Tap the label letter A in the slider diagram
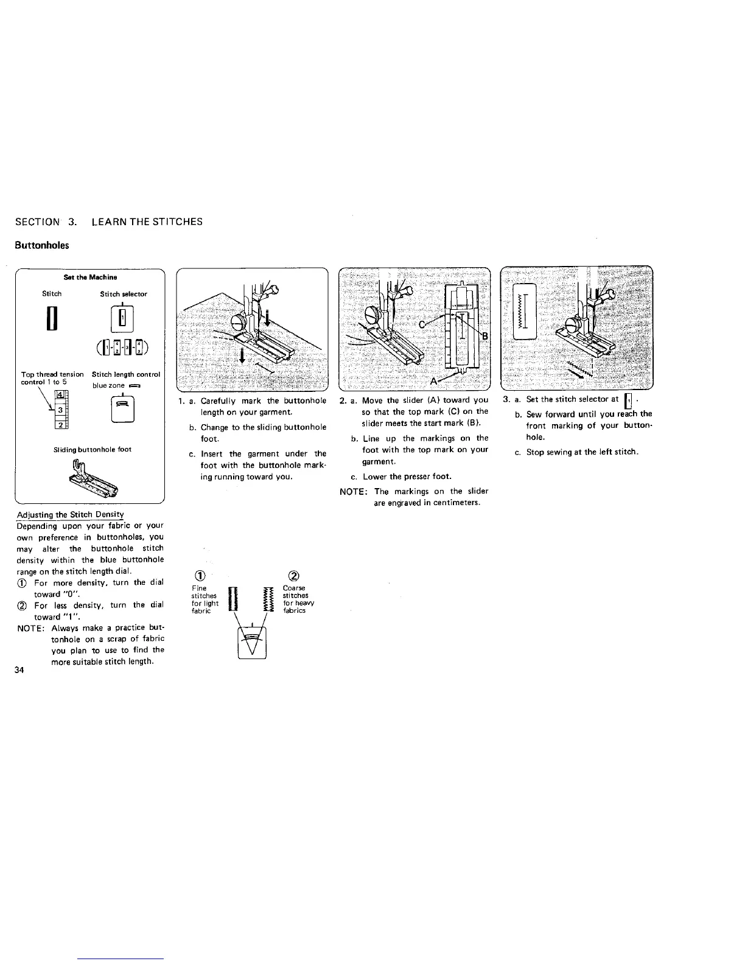pos(433,381)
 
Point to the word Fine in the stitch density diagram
pos(199,589)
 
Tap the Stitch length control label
pos(126,374)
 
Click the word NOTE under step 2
pos(351,491)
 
